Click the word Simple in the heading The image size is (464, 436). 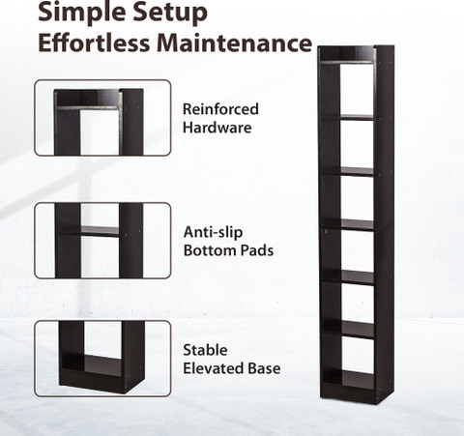point(82,13)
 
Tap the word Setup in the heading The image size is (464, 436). point(170,13)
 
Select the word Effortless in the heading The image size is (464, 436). point(94,43)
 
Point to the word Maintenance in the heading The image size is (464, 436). point(235,43)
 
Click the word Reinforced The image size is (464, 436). point(220,109)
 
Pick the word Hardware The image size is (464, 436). point(217,128)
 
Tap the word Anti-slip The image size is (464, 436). point(213,232)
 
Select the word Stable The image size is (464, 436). point(205,350)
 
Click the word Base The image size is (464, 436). point(264,368)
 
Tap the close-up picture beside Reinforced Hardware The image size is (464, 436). point(102,118)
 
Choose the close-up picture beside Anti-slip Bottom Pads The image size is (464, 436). point(102,241)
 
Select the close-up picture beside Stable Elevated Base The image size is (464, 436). point(102,359)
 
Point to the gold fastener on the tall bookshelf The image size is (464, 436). point(326,230)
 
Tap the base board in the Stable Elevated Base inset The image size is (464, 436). point(92,364)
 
